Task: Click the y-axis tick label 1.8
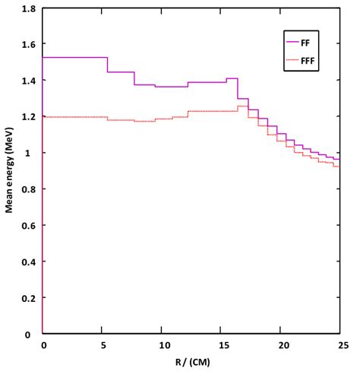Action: (x=28, y=9)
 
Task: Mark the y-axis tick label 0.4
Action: (x=28, y=262)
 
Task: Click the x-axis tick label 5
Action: (x=102, y=346)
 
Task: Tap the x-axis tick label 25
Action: (x=339, y=346)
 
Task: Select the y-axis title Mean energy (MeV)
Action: (x=10, y=172)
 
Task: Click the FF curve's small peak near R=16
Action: (x=232, y=78)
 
